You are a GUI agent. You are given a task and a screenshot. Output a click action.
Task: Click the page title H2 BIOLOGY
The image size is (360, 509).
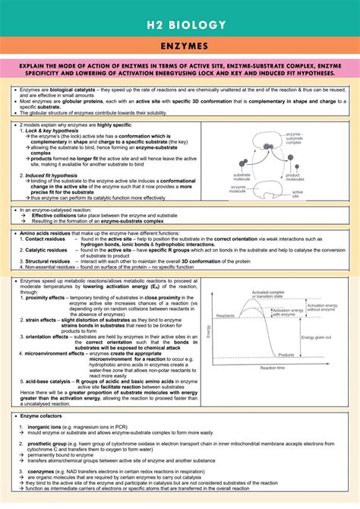pyautogui.click(x=180, y=25)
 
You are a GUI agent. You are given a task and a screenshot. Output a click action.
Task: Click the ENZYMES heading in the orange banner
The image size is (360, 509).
pyautogui.click(x=180, y=47)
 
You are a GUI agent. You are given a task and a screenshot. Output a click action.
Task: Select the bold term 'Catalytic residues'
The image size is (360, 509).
pyautogui.click(x=46, y=249)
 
